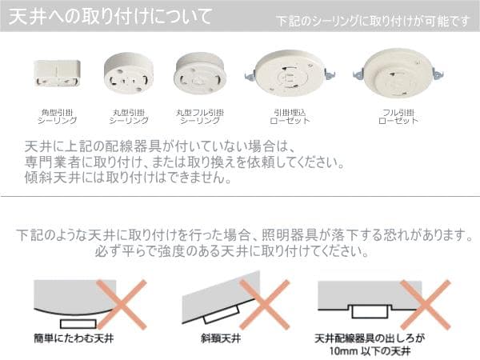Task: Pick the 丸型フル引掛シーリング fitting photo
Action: (195, 74)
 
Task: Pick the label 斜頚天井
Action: (217, 338)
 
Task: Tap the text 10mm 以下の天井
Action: (370, 350)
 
